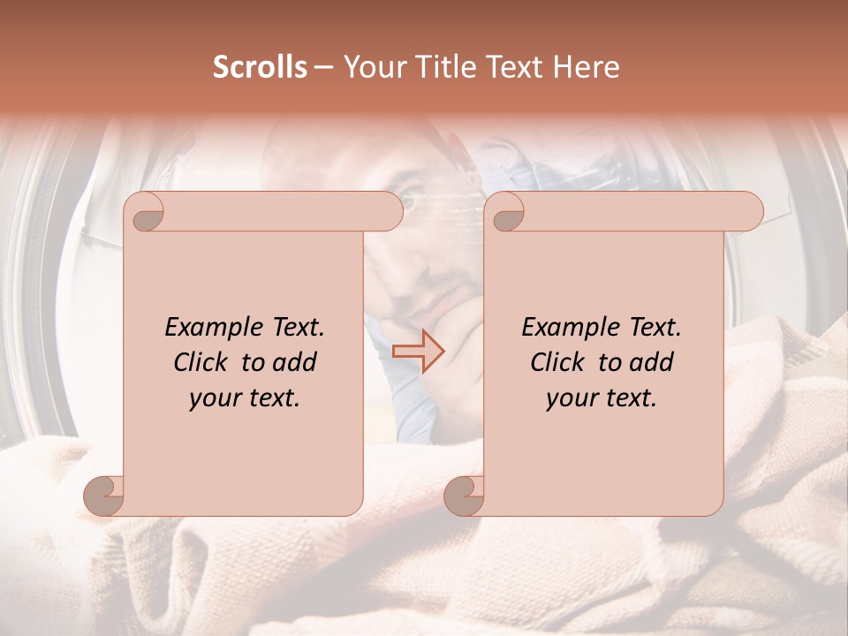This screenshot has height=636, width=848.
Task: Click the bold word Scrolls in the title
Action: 261,67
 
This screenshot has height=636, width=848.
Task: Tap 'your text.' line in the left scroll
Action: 245,397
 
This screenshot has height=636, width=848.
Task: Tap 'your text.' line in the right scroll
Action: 602,397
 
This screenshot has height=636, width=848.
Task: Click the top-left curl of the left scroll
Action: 145,212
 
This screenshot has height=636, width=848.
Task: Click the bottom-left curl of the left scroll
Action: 104,496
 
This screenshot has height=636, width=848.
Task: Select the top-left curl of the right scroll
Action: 505,212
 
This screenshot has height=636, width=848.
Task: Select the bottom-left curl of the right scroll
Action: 464,496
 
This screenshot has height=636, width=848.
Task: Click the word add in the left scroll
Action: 296,362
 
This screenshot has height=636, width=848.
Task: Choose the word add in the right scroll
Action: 653,362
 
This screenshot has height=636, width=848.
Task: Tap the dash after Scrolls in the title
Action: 323,67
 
